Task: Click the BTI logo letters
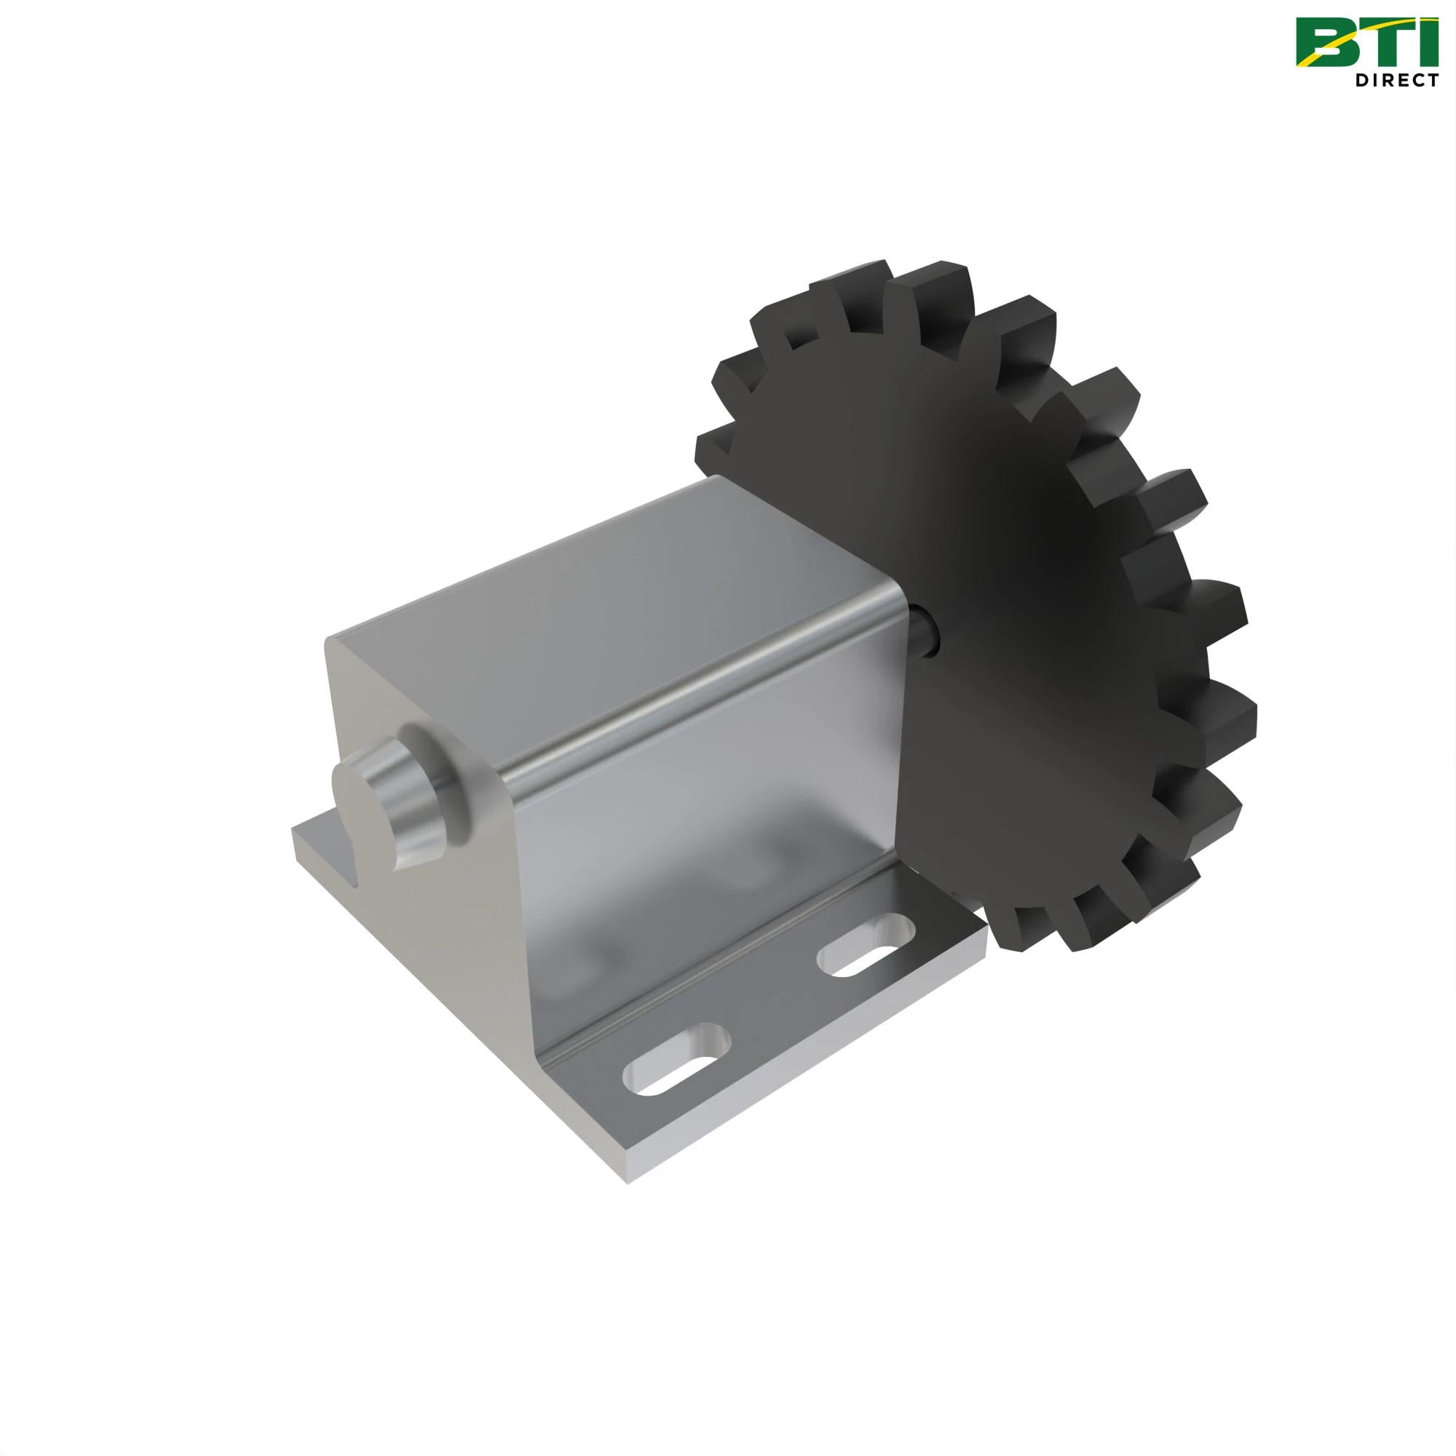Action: pos(1366,41)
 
